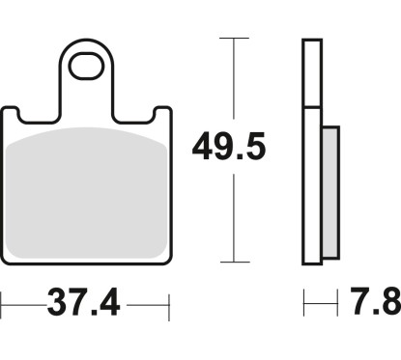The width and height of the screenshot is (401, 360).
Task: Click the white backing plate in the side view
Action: pyautogui.click(x=311, y=183)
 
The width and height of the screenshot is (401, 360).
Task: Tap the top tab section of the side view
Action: pyautogui.click(x=311, y=72)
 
